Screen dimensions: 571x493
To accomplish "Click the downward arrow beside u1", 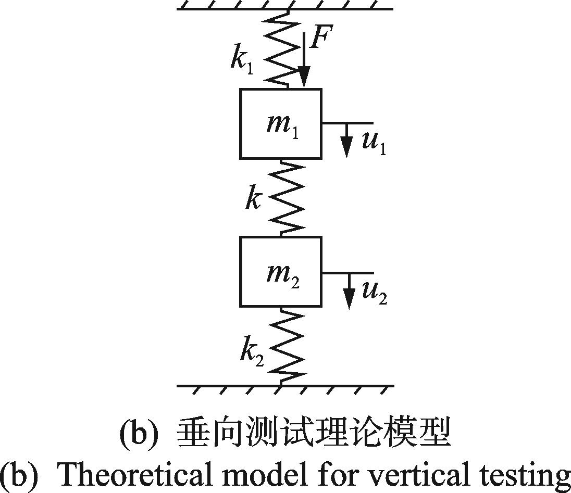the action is [x=346, y=141].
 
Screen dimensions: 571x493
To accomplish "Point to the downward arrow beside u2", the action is [x=350, y=291].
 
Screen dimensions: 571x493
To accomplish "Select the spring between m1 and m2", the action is [x=287, y=198].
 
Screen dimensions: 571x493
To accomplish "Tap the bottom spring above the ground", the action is [x=287, y=346].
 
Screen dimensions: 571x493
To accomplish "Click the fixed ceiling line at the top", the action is [x=285, y=8].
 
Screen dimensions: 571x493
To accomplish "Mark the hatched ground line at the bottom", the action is [x=285, y=386].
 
